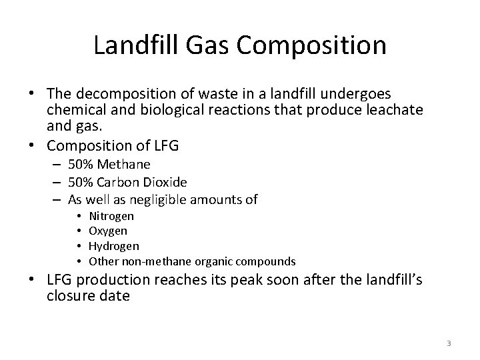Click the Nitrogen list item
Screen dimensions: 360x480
(111, 216)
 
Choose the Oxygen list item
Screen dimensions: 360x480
(108, 231)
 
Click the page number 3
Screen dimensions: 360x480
(449, 343)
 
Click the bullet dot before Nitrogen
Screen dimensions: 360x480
(79, 216)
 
